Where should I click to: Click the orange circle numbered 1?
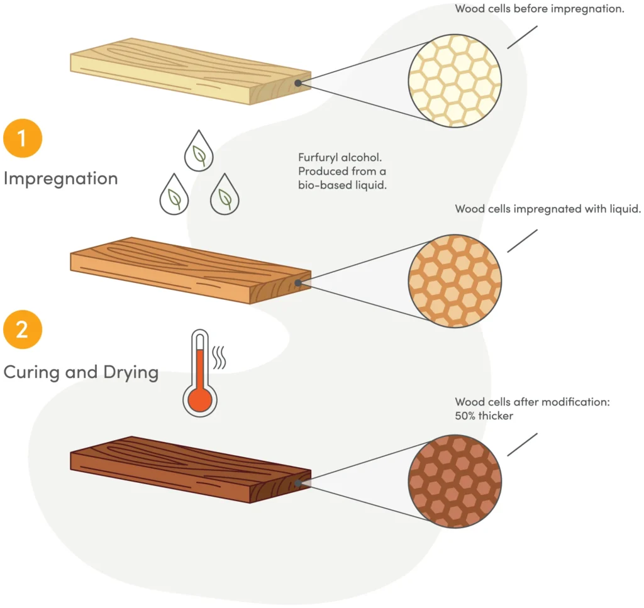pyautogui.click(x=23, y=138)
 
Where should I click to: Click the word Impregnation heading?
pyautogui.click(x=60, y=179)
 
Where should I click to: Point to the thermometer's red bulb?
pyautogui.click(x=200, y=399)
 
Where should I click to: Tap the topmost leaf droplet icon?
pyautogui.click(x=197, y=151)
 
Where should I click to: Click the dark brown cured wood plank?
pyautogui.click(x=189, y=469)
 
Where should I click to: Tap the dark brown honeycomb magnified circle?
pyautogui.click(x=455, y=481)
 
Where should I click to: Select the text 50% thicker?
pyautogui.click(x=484, y=416)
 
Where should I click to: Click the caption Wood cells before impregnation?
pyautogui.click(x=539, y=9)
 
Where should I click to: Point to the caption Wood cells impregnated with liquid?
pyautogui.click(x=548, y=209)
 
